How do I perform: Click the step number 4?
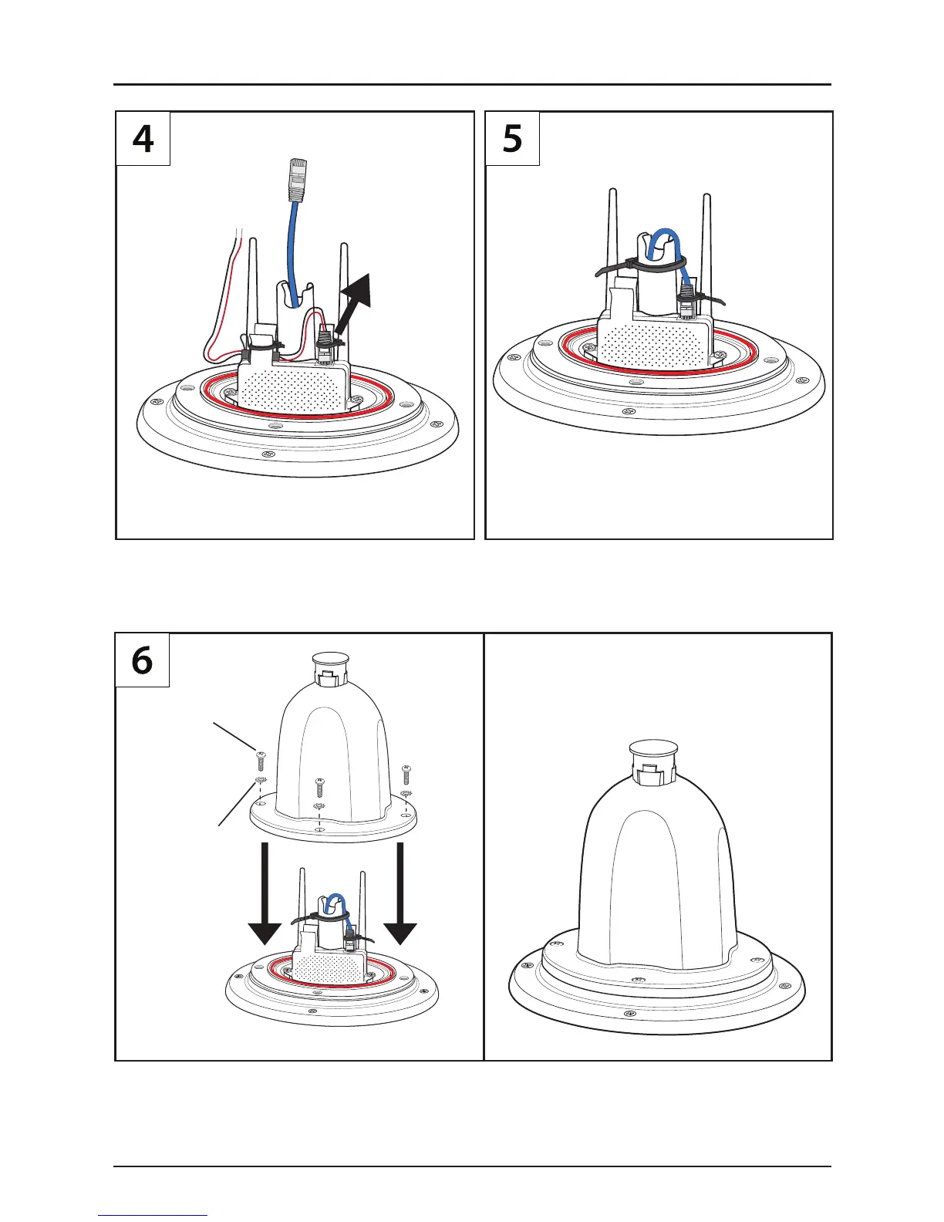(143, 140)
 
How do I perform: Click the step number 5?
(512, 140)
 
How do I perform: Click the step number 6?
(143, 661)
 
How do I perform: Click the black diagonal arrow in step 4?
(356, 297)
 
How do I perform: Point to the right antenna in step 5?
(706, 239)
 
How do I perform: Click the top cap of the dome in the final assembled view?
(653, 749)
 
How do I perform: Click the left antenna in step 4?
(255, 285)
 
